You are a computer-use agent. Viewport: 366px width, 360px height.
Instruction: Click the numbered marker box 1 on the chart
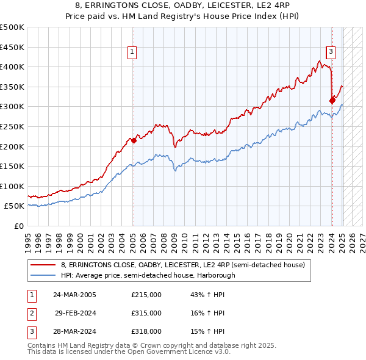132,52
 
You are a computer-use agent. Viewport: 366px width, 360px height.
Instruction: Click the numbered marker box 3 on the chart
330,52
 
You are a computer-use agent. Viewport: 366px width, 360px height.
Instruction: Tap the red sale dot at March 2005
133,140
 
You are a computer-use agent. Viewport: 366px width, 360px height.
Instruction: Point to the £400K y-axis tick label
13,67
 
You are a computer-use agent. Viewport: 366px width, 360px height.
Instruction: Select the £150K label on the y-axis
13,166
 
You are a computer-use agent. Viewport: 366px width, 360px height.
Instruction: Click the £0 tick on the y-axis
19,226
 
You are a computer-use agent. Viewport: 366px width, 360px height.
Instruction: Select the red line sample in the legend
44,265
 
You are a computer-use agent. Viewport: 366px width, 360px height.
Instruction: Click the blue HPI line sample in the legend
44,275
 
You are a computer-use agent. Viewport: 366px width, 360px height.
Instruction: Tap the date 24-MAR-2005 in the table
74,295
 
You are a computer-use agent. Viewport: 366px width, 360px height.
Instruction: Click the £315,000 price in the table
146,313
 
